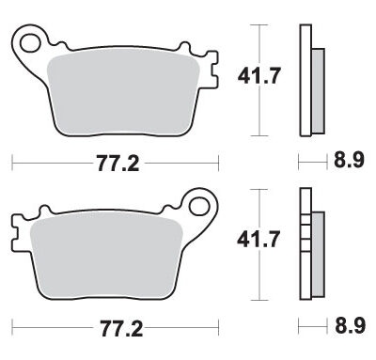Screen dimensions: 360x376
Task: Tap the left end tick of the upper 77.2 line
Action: (x=11, y=164)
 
